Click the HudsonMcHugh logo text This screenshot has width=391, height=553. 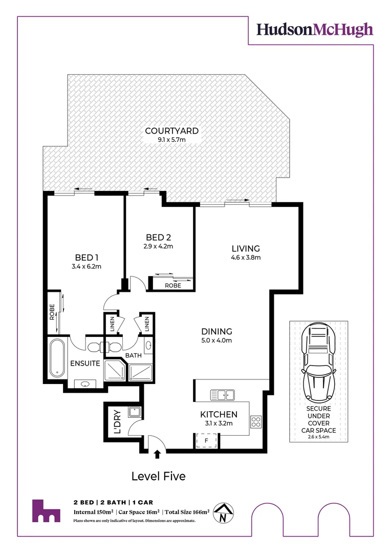(x=314, y=29)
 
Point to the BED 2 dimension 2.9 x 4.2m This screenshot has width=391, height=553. (x=159, y=246)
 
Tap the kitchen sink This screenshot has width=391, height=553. (x=223, y=395)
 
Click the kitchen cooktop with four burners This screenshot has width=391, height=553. (x=256, y=422)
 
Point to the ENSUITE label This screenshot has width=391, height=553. (x=85, y=364)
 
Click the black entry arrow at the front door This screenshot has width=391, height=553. (x=157, y=453)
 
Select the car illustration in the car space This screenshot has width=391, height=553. (x=318, y=364)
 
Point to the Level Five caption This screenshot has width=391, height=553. (x=158, y=476)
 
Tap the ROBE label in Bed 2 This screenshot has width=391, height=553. (x=171, y=285)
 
